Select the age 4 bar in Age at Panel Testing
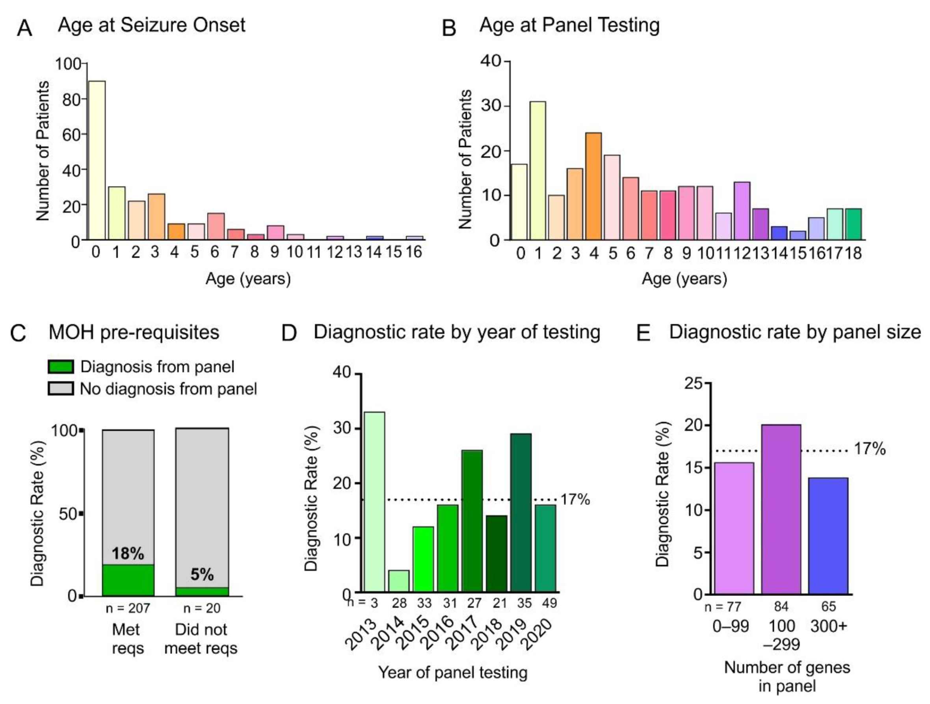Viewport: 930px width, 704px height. click(593, 186)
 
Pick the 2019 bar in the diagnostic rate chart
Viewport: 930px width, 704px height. click(521, 513)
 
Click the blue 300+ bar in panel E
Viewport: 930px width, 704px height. click(828, 536)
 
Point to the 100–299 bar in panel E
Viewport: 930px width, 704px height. click(781, 509)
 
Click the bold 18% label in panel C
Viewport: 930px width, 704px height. click(128, 554)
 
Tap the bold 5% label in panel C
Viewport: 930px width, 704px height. click(202, 574)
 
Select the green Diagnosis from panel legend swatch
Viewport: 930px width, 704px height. click(61, 366)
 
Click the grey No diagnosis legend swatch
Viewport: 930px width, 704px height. click(61, 388)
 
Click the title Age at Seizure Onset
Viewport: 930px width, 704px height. click(151, 25)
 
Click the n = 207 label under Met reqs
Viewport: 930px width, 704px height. click(128, 608)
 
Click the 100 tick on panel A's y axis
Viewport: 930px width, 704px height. click(68, 64)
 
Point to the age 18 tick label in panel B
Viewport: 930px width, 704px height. click(853, 253)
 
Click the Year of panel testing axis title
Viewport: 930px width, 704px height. click(453, 672)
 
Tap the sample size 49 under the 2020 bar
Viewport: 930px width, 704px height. click(549, 603)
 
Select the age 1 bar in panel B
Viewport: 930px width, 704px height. click(538, 171)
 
